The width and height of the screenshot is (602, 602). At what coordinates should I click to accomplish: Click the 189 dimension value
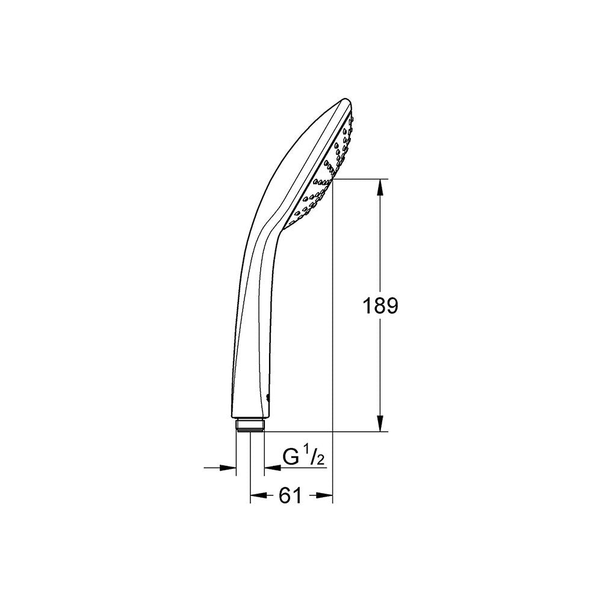(380, 306)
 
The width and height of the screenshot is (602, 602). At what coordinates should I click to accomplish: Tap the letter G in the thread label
(291, 458)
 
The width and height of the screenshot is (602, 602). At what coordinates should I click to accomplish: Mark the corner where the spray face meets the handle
(281, 227)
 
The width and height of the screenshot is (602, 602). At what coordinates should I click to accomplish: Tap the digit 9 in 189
(391, 306)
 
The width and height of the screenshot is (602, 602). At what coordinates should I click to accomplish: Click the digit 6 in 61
(284, 495)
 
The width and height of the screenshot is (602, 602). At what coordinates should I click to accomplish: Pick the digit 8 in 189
(380, 306)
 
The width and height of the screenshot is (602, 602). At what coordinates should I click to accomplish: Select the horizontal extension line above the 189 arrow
(361, 179)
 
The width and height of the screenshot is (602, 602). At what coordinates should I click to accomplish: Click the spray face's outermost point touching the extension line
(333, 178)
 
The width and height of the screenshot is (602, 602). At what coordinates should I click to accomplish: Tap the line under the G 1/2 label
(301, 467)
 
